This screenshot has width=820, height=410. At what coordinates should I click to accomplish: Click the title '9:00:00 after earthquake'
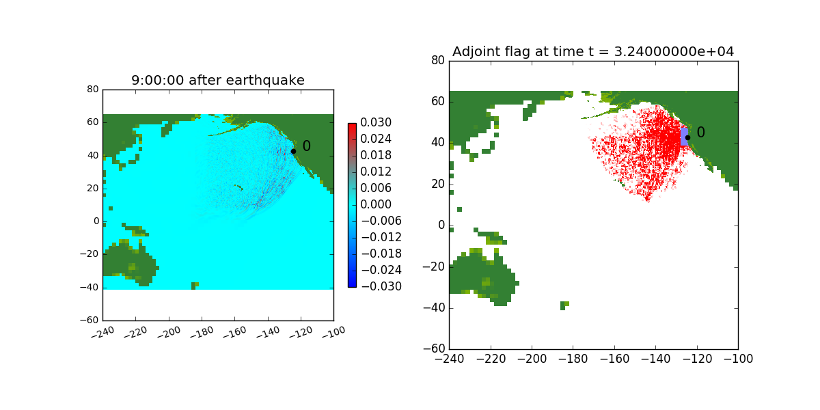tap(218, 80)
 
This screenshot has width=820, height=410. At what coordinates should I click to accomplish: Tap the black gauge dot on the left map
tap(293, 151)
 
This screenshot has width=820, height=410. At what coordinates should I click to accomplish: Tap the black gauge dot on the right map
tap(687, 137)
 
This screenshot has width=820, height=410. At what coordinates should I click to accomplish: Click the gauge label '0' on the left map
tap(306, 146)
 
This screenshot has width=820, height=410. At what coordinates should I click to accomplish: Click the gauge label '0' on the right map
tap(700, 132)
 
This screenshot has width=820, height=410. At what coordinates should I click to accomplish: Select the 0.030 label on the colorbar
tap(376, 122)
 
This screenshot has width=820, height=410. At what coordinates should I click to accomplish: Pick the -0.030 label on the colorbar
tap(381, 286)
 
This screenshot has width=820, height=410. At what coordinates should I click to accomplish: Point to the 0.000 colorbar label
tap(376, 204)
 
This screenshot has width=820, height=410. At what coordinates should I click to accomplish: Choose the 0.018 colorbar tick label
tap(376, 155)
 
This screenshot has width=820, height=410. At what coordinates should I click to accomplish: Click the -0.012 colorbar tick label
tap(381, 237)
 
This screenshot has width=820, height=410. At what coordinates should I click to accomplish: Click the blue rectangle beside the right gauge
tap(684, 137)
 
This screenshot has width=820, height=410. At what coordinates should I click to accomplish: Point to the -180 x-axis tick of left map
tap(202, 332)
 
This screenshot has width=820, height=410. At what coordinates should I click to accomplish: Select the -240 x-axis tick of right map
tap(449, 359)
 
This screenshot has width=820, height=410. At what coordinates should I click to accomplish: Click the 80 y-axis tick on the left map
tap(93, 90)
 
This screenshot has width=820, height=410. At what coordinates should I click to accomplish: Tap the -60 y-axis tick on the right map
tap(434, 348)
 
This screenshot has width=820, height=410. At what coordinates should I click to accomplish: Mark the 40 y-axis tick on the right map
tap(438, 142)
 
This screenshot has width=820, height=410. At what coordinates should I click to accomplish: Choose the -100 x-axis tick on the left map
tap(333, 332)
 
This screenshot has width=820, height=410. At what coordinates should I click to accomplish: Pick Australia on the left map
tap(130, 262)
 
